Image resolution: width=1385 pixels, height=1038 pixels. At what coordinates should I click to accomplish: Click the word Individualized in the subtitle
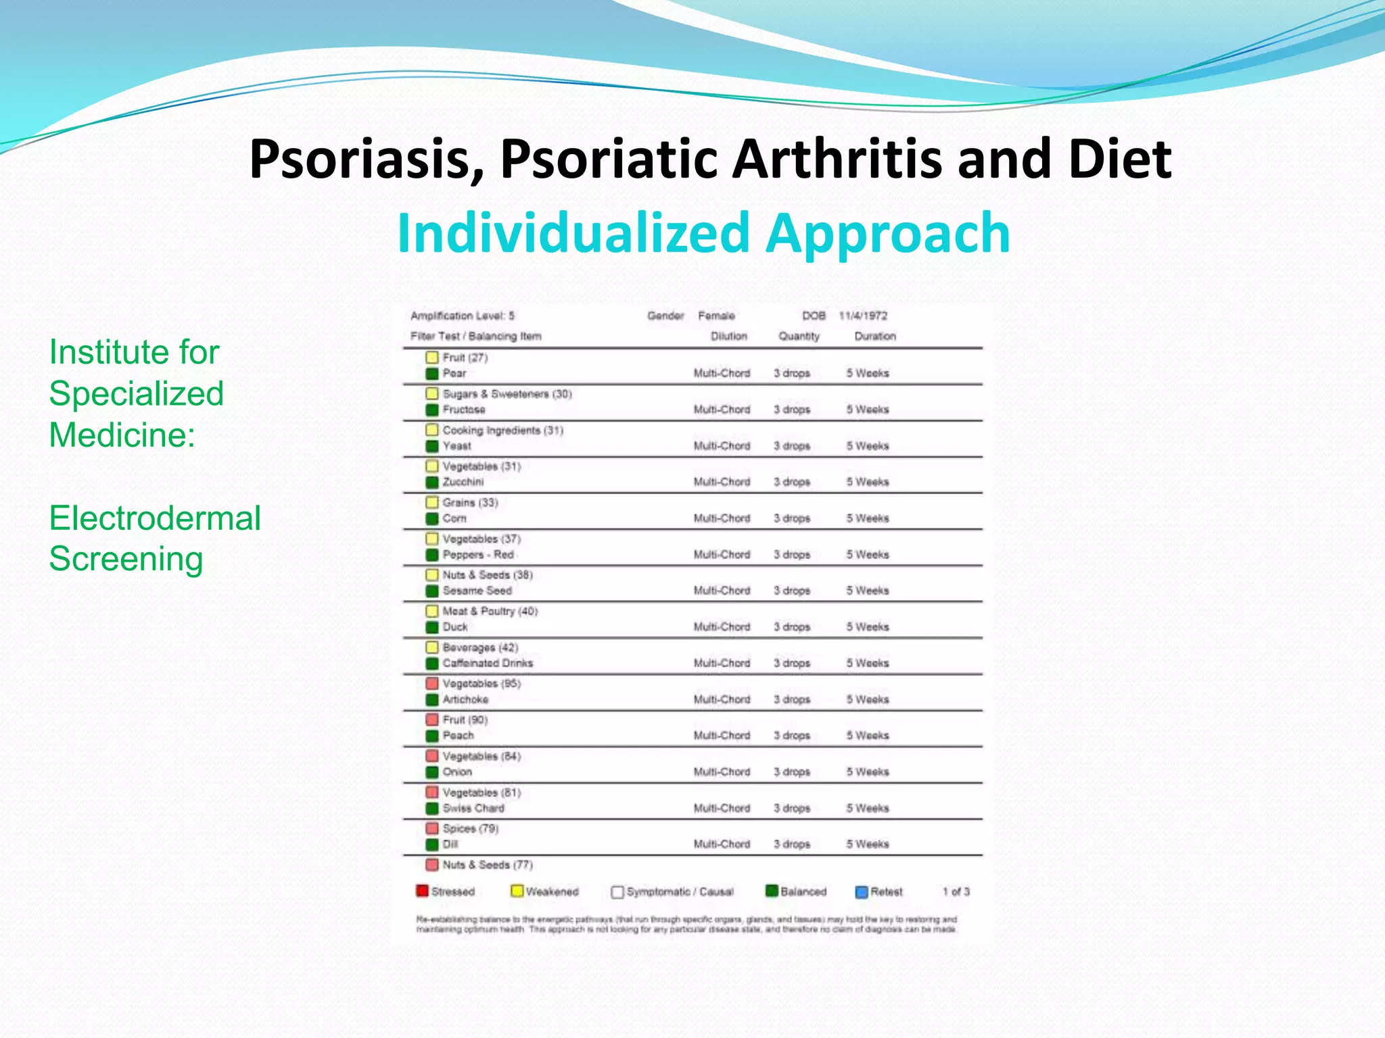tap(573, 233)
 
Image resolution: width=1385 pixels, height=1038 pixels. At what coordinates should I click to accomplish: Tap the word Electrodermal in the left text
tap(155, 518)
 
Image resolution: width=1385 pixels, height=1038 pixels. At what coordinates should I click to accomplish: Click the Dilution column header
tap(728, 336)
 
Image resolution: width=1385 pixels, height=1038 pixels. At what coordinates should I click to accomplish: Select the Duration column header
tap(874, 336)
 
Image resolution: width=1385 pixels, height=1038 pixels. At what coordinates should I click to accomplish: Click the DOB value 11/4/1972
tap(863, 316)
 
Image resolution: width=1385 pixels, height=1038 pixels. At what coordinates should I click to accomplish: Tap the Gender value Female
tap(716, 316)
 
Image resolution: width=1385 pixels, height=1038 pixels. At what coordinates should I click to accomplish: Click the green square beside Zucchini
tap(432, 482)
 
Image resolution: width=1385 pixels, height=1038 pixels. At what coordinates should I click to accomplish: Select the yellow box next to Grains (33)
tap(432, 502)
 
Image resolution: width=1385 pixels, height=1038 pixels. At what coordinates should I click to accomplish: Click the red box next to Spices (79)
tap(432, 828)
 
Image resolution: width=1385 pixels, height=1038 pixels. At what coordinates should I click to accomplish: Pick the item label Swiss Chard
tap(473, 808)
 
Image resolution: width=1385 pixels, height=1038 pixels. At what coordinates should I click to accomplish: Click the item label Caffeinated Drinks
tap(488, 663)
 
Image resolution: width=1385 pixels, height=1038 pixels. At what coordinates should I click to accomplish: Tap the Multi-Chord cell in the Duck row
tap(722, 627)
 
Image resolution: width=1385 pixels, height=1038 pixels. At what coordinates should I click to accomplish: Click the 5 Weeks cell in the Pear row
tap(868, 373)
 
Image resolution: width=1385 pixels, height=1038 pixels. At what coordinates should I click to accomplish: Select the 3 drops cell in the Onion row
tap(792, 772)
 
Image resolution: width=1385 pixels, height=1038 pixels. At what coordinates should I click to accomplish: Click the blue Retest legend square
tap(862, 892)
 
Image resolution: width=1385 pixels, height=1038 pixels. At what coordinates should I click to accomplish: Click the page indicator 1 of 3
tap(956, 892)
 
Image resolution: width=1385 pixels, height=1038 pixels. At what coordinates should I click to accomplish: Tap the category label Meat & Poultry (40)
tap(490, 611)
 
